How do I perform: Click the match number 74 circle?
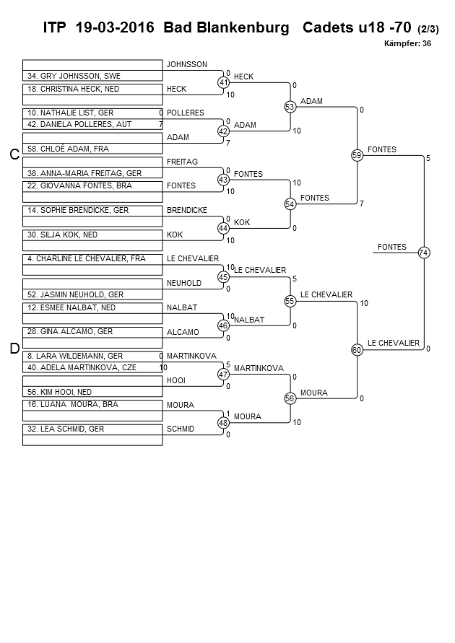click(x=424, y=253)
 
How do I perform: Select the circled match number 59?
click(x=357, y=155)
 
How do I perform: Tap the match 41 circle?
click(x=223, y=82)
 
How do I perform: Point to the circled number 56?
click(x=290, y=398)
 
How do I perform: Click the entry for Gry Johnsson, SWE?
click(x=74, y=76)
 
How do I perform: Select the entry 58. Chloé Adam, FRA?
click(x=68, y=149)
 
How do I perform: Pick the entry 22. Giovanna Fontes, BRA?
click(x=79, y=185)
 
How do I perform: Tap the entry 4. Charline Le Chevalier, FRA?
click(x=87, y=259)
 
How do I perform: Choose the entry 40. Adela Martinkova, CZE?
click(x=82, y=367)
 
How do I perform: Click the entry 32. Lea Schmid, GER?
click(x=66, y=429)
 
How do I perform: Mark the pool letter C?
click(x=14, y=154)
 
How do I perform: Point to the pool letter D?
click(x=14, y=349)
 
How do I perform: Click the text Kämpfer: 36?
click(x=407, y=43)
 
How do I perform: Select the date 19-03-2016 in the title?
click(x=115, y=27)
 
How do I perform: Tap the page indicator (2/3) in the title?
click(x=428, y=29)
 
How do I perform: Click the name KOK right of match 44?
click(x=242, y=222)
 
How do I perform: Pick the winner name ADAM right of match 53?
click(x=311, y=101)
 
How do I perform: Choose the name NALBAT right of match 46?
click(x=249, y=320)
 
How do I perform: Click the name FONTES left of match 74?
click(x=392, y=247)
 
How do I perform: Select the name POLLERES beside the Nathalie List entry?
click(x=186, y=113)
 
